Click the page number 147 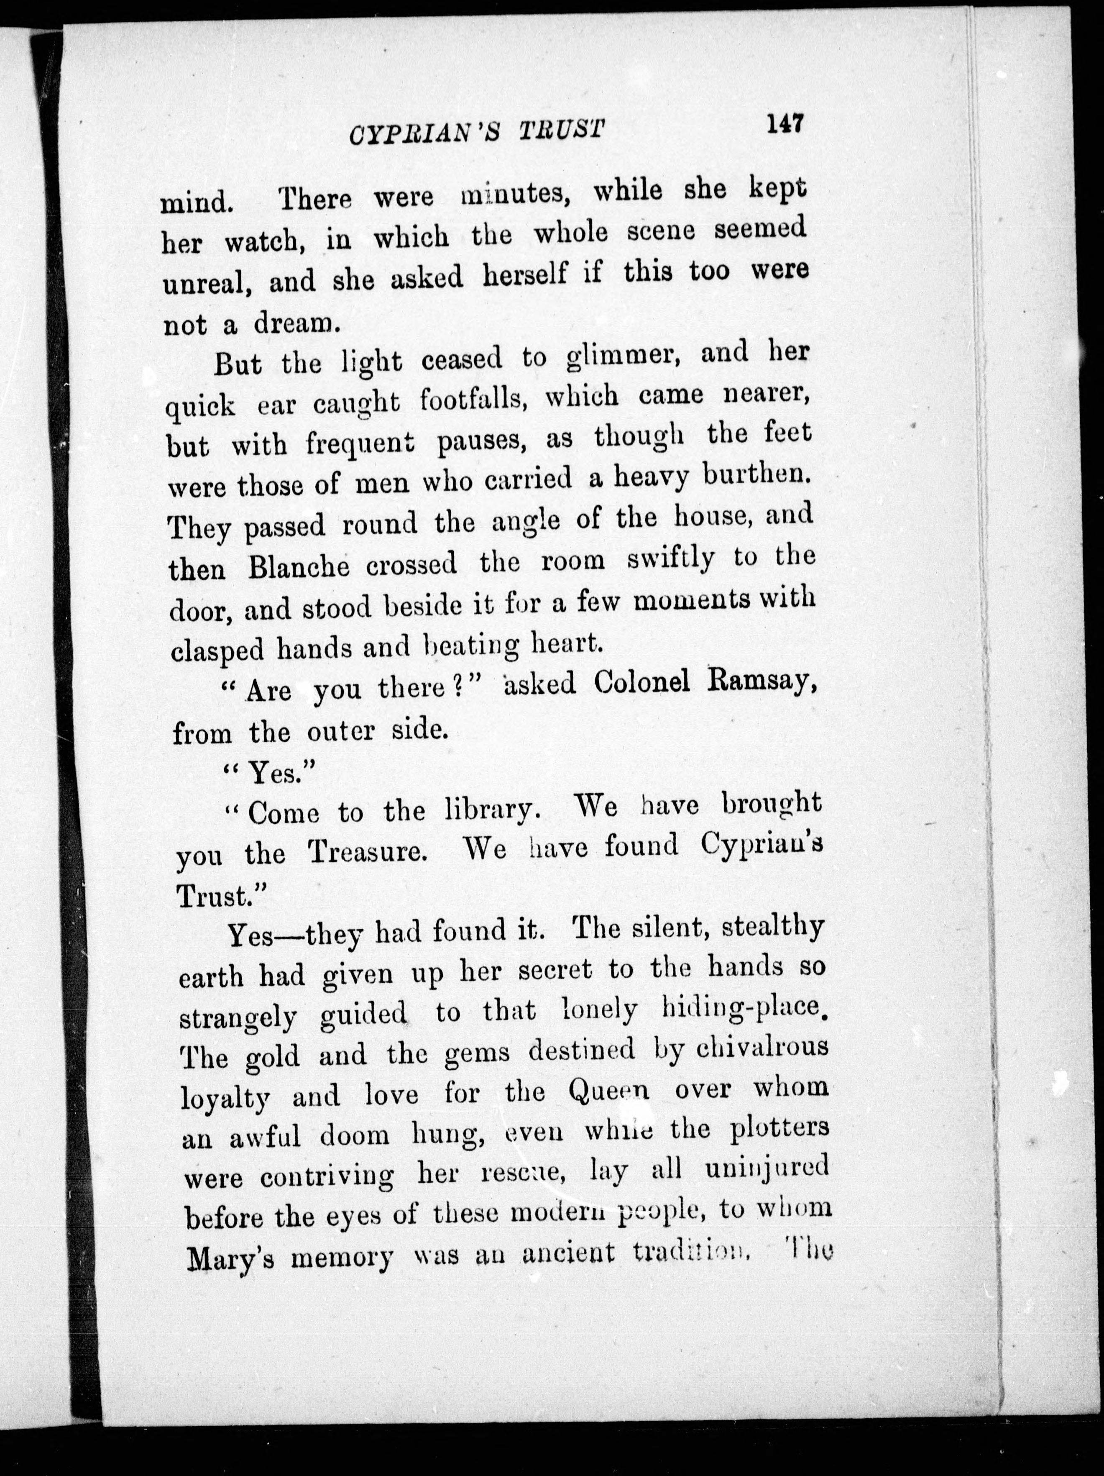pos(786,124)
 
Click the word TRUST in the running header pos(562,129)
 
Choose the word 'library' pos(491,810)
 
